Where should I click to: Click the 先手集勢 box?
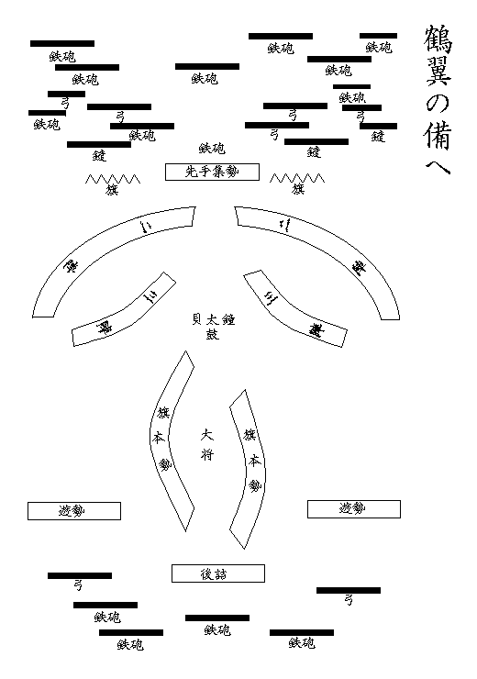212,172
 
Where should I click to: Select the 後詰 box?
218,573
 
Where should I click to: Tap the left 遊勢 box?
73,511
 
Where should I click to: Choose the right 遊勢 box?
353,508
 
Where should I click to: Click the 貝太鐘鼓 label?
212,326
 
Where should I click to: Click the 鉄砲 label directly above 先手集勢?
212,148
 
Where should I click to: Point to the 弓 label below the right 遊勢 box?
348,602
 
